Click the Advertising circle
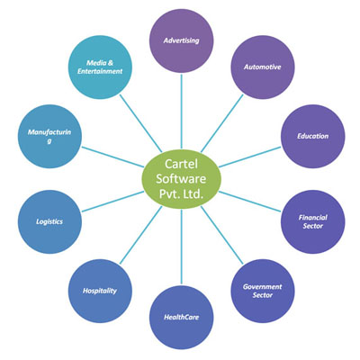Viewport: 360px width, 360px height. coord(181,40)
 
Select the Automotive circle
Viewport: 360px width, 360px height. coord(263,67)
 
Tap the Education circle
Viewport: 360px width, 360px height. coord(313,136)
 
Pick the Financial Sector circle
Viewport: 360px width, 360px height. coord(313,221)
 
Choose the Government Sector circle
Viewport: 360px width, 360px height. coord(263,291)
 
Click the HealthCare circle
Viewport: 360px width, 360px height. coord(181,318)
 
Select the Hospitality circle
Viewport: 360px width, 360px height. coord(100,291)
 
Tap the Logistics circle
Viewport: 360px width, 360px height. coord(49,221)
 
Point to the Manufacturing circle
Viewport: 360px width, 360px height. coord(49,136)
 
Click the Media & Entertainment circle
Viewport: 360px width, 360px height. coord(100,67)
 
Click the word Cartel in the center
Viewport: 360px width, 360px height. coord(181,164)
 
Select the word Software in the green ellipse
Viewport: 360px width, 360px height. coord(181,179)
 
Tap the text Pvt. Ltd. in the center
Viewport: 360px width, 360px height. coord(181,194)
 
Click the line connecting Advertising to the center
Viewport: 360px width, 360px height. coord(181,112)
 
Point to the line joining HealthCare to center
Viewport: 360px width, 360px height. coord(182,247)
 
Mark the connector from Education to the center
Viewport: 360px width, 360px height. coord(250,157)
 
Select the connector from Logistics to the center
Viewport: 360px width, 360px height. coord(112,202)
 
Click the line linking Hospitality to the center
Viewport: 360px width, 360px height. coord(141,235)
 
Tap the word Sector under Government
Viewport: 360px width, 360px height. coord(263,295)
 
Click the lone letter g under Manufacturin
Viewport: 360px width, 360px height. coord(49,140)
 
